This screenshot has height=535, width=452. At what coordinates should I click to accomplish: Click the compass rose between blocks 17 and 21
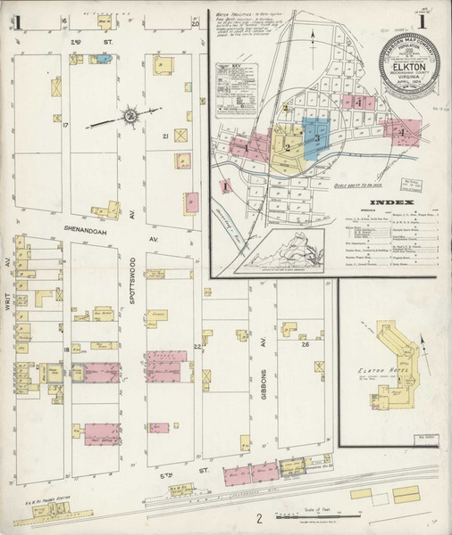tap(130, 115)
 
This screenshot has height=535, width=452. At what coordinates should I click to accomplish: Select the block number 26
tap(305, 344)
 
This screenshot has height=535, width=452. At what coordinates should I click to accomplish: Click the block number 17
tap(65, 125)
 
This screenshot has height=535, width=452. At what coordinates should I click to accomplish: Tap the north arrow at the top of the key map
tap(314, 36)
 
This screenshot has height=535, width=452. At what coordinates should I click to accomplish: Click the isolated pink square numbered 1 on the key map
tap(226, 187)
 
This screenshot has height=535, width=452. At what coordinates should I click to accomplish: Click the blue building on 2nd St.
tap(103, 60)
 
